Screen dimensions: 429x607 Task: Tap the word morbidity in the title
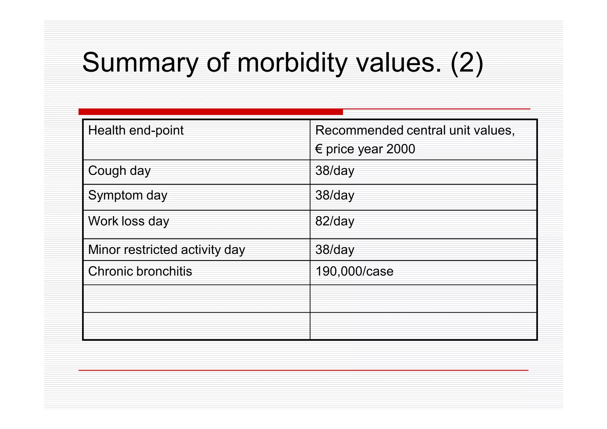[292, 63]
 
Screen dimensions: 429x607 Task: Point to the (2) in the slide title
[467, 63]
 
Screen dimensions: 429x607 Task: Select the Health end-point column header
[136, 130]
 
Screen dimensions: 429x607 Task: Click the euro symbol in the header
[319, 149]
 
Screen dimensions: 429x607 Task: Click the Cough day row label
[119, 171]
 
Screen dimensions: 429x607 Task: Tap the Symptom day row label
[128, 196]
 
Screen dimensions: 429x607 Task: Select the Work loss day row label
[129, 221]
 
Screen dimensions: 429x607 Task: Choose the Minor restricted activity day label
[167, 250]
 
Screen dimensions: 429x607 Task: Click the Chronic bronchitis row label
[140, 271]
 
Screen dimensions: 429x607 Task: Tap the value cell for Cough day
[335, 171]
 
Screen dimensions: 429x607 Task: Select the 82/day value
[335, 221]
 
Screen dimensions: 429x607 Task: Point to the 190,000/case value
[354, 271]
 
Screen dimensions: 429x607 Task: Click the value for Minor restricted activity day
[335, 250]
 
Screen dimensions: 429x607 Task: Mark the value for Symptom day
[335, 196]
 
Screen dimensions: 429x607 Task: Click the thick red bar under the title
[210, 112]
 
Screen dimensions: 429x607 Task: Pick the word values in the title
[399, 63]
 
